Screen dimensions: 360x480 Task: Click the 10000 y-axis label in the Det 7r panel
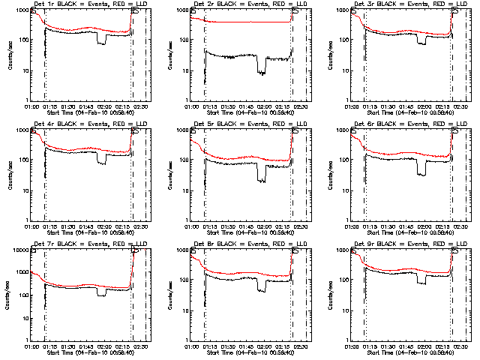click(x=19, y=251)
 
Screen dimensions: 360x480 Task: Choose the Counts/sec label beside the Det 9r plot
click(x=328, y=293)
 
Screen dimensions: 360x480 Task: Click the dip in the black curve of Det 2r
click(x=261, y=72)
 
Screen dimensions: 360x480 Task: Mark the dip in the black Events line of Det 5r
click(x=261, y=179)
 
